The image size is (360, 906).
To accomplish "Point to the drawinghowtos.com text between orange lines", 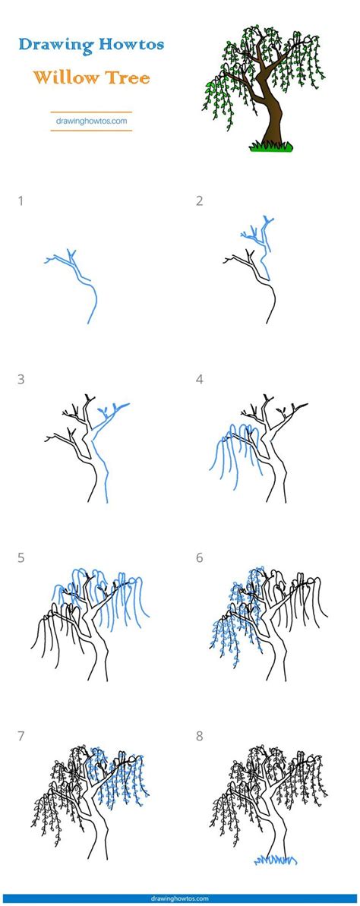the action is (x=91, y=122).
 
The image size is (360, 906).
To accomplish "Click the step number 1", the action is (x=21, y=201).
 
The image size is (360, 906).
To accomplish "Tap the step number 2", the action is (x=200, y=201).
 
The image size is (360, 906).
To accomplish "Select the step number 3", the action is (x=21, y=380).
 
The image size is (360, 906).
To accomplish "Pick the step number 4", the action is (x=200, y=380).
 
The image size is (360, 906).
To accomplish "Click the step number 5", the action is (x=21, y=558).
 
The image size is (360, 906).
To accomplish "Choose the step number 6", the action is (x=200, y=558).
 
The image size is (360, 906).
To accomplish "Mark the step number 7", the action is (x=21, y=737).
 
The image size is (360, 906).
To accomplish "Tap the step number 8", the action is (x=200, y=737).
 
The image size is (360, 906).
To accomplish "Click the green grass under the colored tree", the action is (x=271, y=147).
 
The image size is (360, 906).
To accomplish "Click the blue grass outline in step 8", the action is (x=276, y=860).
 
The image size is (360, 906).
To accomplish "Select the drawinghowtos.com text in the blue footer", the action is (x=180, y=899).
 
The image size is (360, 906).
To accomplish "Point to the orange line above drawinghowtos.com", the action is (x=91, y=112).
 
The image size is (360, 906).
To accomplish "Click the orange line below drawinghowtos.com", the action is (x=91, y=131).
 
